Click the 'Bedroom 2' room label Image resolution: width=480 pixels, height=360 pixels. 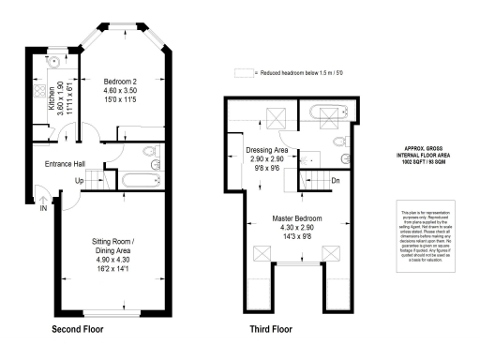click(121, 82)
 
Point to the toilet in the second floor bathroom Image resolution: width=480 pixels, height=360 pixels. click(149, 153)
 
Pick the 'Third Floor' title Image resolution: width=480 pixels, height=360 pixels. click(272, 330)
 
